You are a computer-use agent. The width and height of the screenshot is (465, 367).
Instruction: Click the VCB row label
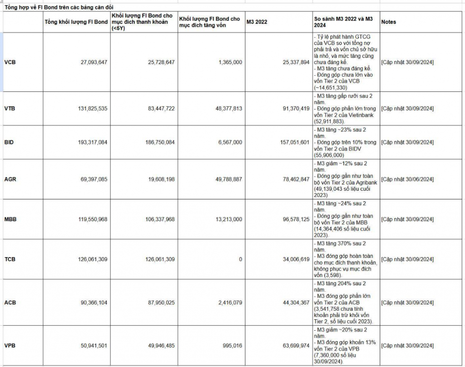10,62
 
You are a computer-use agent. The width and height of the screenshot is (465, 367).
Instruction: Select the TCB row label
10,259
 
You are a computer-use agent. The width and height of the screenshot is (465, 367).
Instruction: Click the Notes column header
389,22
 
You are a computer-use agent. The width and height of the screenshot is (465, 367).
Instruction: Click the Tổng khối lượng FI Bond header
76,22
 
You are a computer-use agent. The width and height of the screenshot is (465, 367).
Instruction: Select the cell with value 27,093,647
93,62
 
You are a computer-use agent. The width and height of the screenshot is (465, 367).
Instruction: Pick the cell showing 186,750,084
159,142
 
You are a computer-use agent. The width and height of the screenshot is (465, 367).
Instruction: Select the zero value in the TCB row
240,259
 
